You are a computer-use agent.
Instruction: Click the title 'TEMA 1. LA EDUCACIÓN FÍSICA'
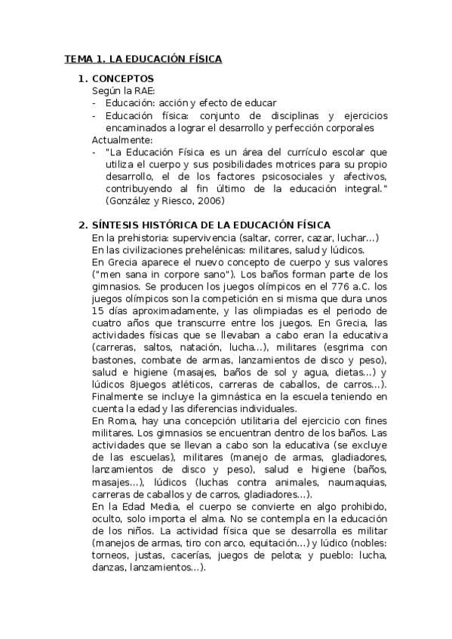(143, 59)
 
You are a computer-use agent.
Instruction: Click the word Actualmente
(122, 139)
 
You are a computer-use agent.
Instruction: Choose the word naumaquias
(355, 482)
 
